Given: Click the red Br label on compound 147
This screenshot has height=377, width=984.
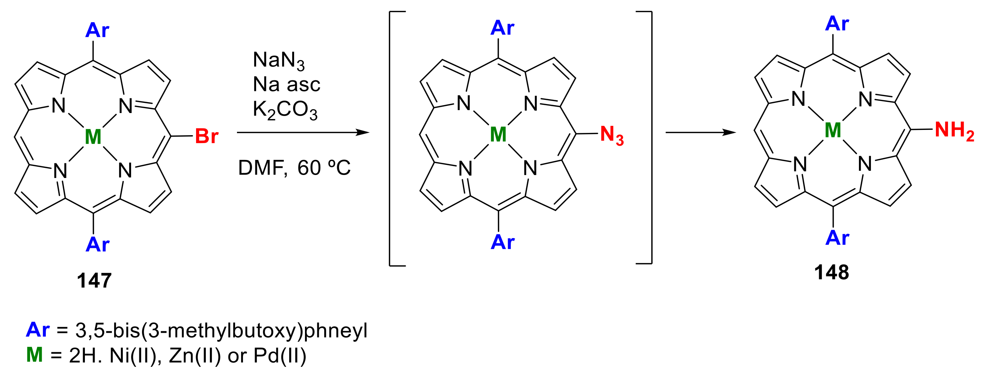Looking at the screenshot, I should tap(206, 136).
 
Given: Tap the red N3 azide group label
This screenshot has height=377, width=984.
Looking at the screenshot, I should tap(611, 135).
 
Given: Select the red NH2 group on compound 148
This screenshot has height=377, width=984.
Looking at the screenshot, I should tap(954, 131).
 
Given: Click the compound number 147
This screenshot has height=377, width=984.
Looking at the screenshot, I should tap(94, 280).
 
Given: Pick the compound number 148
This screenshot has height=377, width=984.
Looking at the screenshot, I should tap(831, 273).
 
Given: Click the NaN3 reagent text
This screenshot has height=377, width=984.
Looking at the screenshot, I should tap(279, 60).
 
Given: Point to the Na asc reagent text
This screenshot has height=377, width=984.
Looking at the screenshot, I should tap(287, 84).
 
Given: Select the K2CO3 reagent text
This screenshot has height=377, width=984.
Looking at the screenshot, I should tap(285, 110).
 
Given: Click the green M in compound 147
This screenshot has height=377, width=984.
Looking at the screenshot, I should tap(93, 137).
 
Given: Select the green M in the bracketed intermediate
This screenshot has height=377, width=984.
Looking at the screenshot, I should tap(498, 134).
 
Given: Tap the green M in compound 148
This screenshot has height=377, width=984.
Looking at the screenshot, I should tap(833, 131).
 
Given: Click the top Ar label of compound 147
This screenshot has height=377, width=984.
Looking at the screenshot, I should tap(97, 30).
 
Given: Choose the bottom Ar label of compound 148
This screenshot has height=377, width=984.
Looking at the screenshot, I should tap(837, 238).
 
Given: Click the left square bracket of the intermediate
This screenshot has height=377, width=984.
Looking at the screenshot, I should tap(390, 138).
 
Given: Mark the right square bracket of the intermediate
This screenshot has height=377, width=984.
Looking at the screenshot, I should tap(650, 137).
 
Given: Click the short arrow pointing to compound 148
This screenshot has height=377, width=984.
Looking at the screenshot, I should tap(700, 133).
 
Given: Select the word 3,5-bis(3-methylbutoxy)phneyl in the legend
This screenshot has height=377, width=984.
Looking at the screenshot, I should tap(221, 330).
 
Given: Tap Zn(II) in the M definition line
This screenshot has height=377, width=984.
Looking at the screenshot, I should tap(195, 356).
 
